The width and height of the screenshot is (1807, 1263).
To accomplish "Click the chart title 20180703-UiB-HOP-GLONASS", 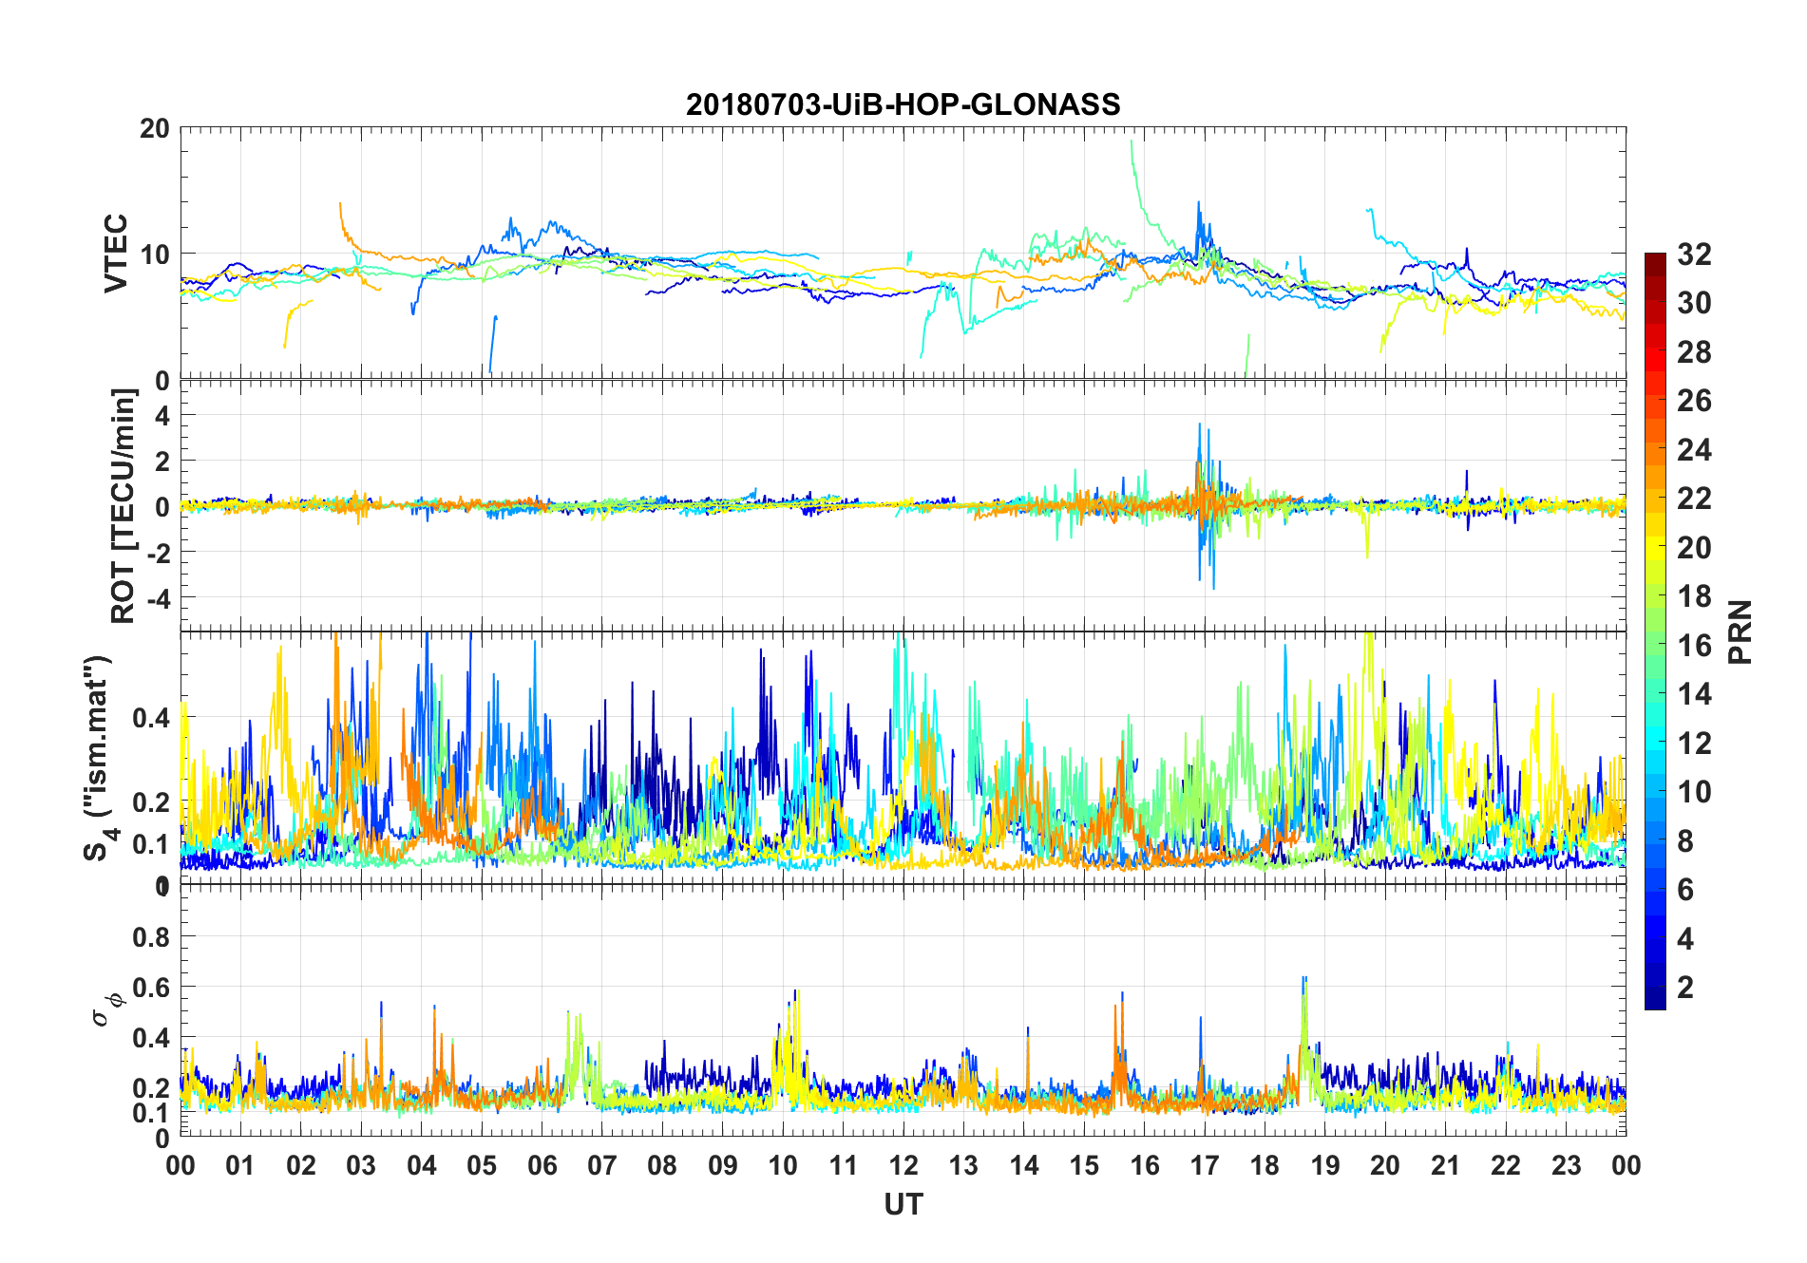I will click(903, 104).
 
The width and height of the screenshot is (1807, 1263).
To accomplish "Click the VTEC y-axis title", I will click(116, 253).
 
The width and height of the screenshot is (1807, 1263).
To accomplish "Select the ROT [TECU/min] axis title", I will click(124, 505).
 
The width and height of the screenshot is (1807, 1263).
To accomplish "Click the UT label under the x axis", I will click(903, 1205).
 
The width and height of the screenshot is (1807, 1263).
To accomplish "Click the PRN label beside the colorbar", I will click(1740, 631).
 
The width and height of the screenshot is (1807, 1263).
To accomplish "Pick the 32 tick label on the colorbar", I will click(1694, 254).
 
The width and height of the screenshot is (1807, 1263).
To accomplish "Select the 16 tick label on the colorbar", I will click(1694, 646).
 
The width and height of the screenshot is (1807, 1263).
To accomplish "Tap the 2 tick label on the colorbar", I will click(1685, 988).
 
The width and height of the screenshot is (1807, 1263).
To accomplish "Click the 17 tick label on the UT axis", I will click(1205, 1166).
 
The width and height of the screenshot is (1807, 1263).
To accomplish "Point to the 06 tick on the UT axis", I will click(542, 1166).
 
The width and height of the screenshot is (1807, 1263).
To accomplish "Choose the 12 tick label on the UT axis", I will click(903, 1166).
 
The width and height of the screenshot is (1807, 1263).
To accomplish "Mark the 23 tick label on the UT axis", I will click(1567, 1166).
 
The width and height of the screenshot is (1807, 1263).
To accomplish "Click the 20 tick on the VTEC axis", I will click(155, 128).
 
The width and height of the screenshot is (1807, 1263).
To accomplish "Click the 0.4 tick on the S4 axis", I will click(151, 718).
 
